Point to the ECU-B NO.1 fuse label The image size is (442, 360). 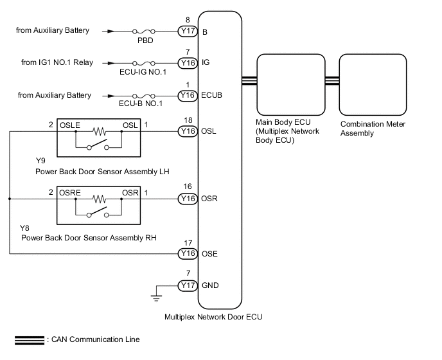click(x=140, y=104)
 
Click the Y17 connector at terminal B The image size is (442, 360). click(x=188, y=30)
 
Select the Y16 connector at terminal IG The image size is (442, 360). click(x=188, y=63)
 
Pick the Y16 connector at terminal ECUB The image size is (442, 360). click(x=188, y=95)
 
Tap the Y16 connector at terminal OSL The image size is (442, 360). click(x=188, y=132)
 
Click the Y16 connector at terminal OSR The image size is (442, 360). click(x=188, y=199)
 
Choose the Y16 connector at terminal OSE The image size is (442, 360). click(x=188, y=253)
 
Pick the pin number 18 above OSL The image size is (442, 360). click(x=187, y=120)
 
